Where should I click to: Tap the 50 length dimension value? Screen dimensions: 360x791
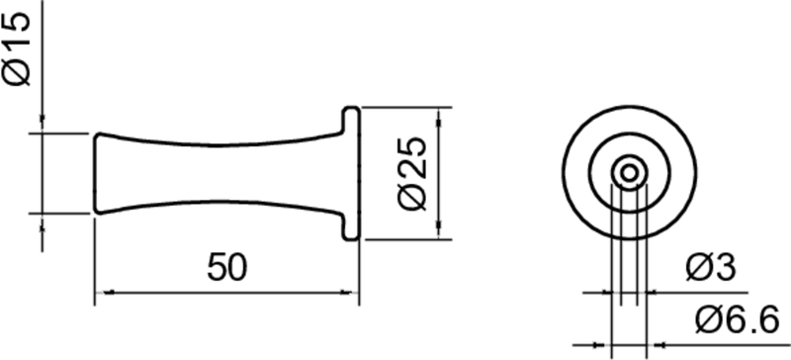[227, 267]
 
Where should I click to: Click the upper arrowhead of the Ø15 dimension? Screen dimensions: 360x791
[43, 125]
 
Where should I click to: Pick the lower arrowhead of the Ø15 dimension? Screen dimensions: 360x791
[43, 220]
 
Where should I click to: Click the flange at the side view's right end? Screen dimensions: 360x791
[350, 172]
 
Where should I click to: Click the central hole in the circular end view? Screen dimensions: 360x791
[627, 172]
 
